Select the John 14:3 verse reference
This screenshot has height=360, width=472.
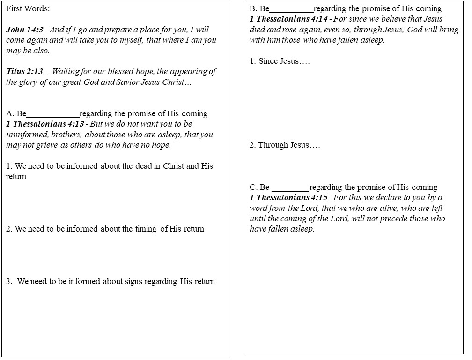(x=24, y=30)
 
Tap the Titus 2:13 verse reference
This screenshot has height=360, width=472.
(x=24, y=72)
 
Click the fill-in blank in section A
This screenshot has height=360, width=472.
(x=53, y=114)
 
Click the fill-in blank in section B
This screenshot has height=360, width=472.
(x=292, y=9)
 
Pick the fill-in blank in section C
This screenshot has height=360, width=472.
(x=290, y=187)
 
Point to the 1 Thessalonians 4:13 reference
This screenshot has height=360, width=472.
(x=45, y=124)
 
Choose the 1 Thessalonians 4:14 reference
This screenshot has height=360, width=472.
(x=288, y=19)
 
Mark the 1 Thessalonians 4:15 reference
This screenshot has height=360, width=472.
(x=288, y=198)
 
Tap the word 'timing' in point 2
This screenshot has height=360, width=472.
(x=146, y=229)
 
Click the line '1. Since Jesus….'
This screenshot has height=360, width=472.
(x=280, y=61)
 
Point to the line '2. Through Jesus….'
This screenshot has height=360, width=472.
(x=285, y=145)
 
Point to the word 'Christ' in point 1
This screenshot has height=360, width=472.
(x=173, y=166)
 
